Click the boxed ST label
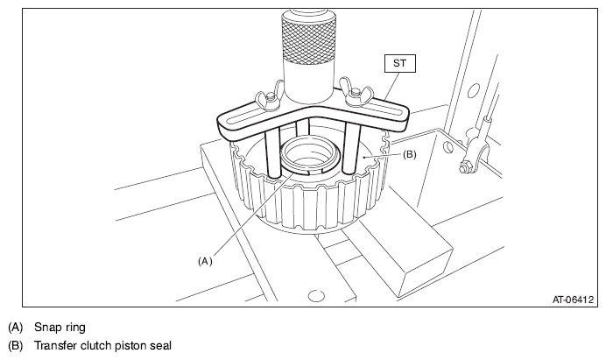point(400,63)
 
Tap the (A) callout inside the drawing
point(205,261)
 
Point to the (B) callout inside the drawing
point(410,154)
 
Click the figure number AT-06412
point(573,300)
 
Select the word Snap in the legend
point(46,328)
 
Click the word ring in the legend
point(73,328)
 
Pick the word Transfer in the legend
point(56,345)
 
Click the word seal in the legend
point(160,345)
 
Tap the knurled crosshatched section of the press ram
point(307,41)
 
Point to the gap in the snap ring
point(315,171)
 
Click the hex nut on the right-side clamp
point(462,168)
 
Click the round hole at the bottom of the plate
point(316,296)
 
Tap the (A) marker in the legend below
point(16,328)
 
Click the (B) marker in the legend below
point(16,345)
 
